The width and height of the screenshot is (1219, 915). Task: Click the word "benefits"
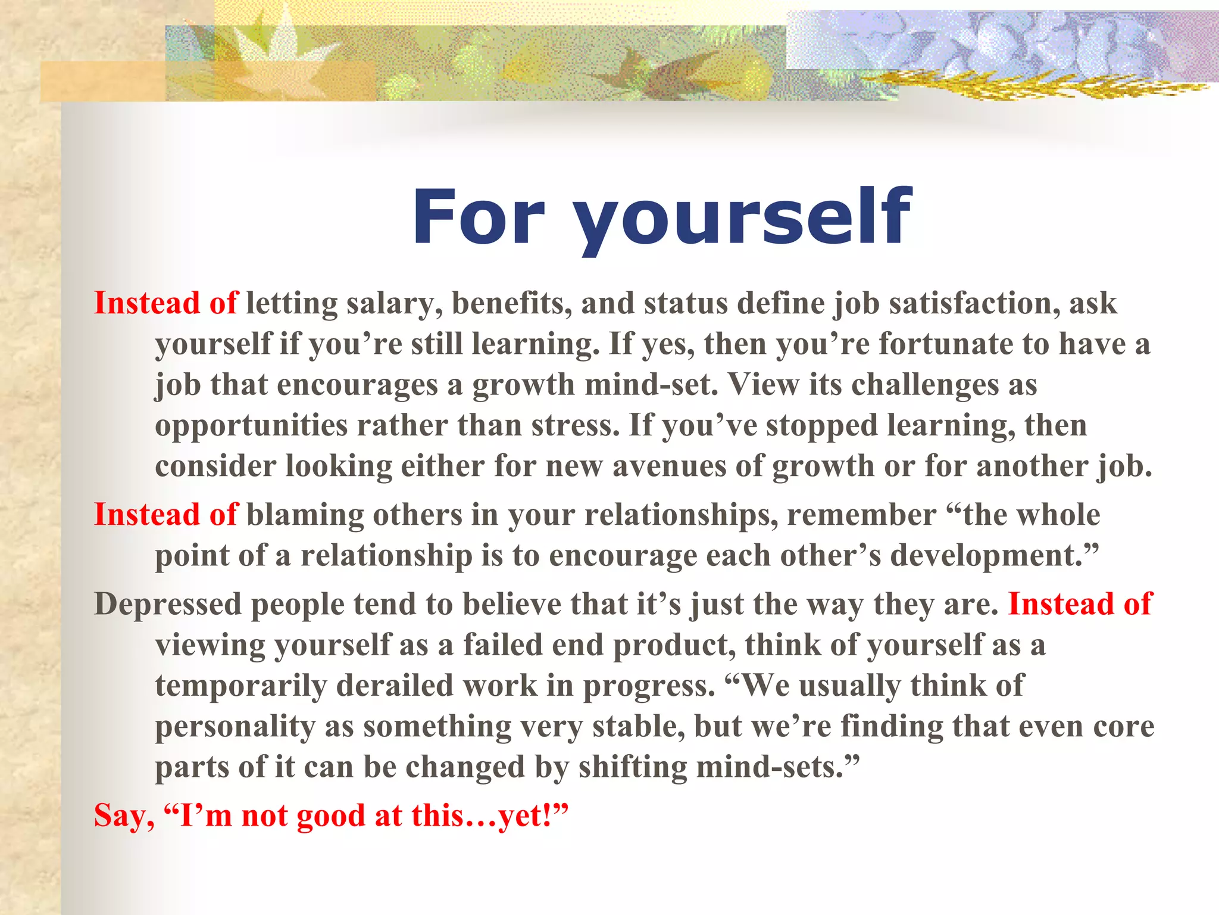(x=511, y=303)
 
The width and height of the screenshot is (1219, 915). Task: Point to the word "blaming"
(x=305, y=515)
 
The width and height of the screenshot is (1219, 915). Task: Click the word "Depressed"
(x=168, y=605)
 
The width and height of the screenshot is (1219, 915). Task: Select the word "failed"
(x=503, y=645)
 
